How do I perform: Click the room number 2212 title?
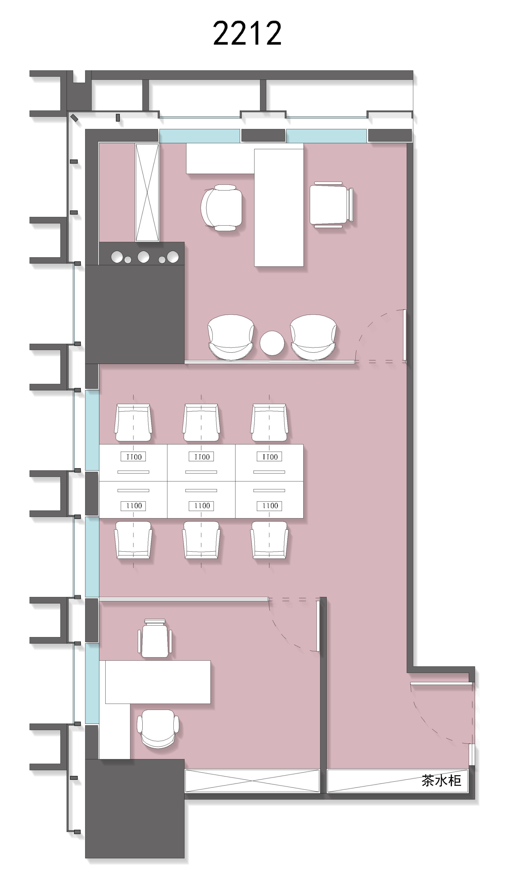247,33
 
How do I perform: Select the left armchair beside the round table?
231,337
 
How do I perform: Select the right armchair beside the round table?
313,337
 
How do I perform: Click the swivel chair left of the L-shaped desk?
222,208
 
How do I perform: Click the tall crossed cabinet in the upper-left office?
147,193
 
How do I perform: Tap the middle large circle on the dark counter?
143,257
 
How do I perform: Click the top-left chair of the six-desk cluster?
133,422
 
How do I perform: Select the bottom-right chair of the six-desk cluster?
269,540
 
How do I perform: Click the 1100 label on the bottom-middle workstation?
201,506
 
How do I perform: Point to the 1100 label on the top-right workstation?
269,457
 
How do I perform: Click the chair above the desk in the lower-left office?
155,638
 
